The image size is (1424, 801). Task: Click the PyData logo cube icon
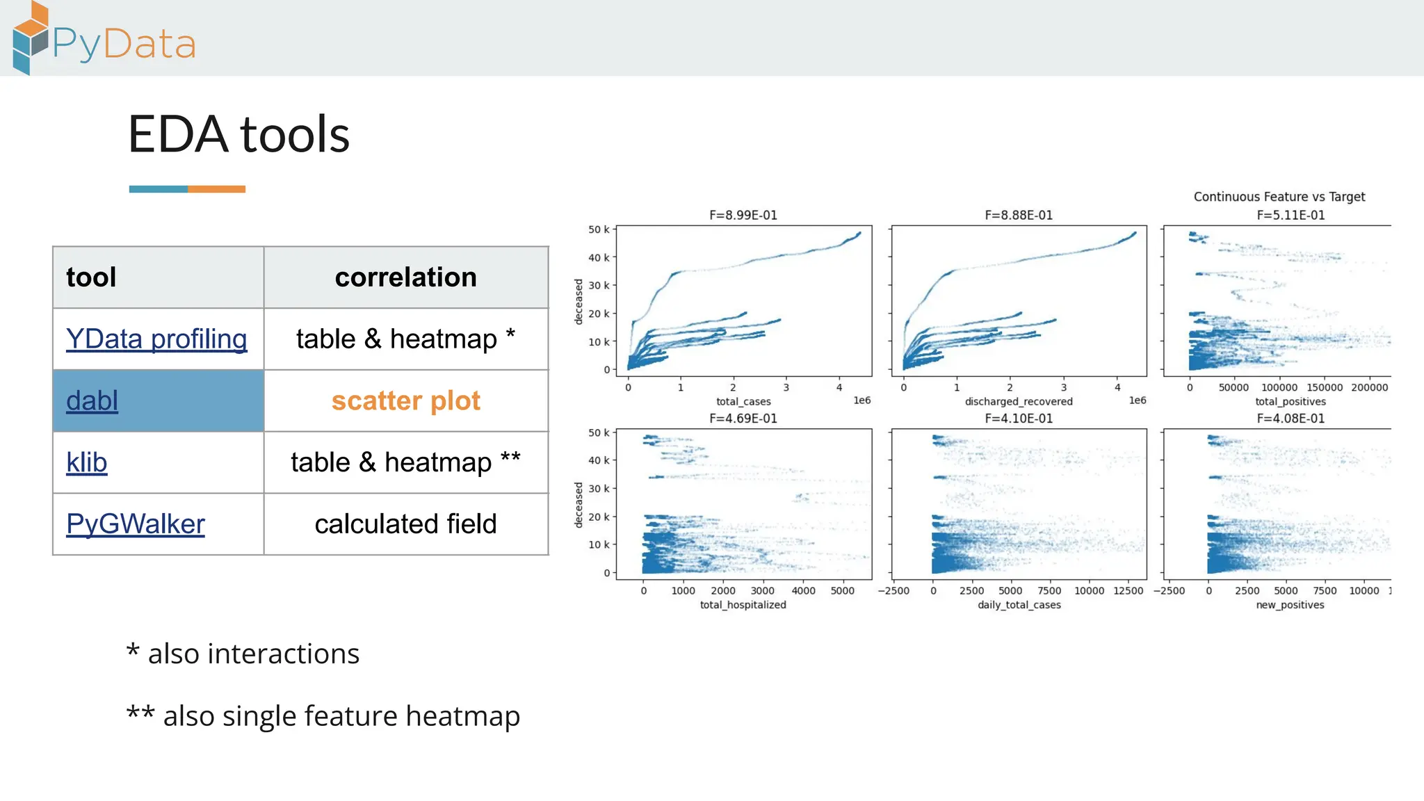pyautogui.click(x=31, y=38)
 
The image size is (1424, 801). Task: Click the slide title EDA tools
pyautogui.click(x=238, y=134)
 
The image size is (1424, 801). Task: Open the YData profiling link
pyautogui.click(x=156, y=339)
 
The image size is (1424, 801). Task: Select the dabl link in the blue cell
pyautogui.click(x=92, y=401)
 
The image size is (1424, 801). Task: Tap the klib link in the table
pyautogui.click(x=87, y=462)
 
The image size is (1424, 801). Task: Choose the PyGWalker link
pyautogui.click(x=136, y=524)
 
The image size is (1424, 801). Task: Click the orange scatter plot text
pyautogui.click(x=405, y=401)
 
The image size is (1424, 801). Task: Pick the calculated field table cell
pyautogui.click(x=405, y=524)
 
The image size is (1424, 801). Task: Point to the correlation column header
pyautogui.click(x=405, y=277)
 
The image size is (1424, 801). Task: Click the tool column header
pyautogui.click(x=91, y=277)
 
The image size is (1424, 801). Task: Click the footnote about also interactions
pyautogui.click(x=243, y=654)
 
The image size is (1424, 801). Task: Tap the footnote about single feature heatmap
pyautogui.click(x=323, y=716)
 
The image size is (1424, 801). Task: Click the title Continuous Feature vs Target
pyautogui.click(x=1279, y=197)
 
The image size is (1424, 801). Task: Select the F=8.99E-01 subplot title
pyautogui.click(x=743, y=216)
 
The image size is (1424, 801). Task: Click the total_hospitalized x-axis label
pyautogui.click(x=743, y=605)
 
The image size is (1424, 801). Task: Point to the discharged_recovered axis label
pyautogui.click(x=1018, y=402)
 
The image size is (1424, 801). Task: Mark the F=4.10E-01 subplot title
pyautogui.click(x=1018, y=419)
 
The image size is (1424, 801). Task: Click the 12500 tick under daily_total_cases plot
pyautogui.click(x=1128, y=591)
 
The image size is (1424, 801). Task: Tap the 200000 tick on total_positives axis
pyautogui.click(x=1369, y=388)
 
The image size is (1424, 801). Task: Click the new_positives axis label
pyautogui.click(x=1290, y=605)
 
